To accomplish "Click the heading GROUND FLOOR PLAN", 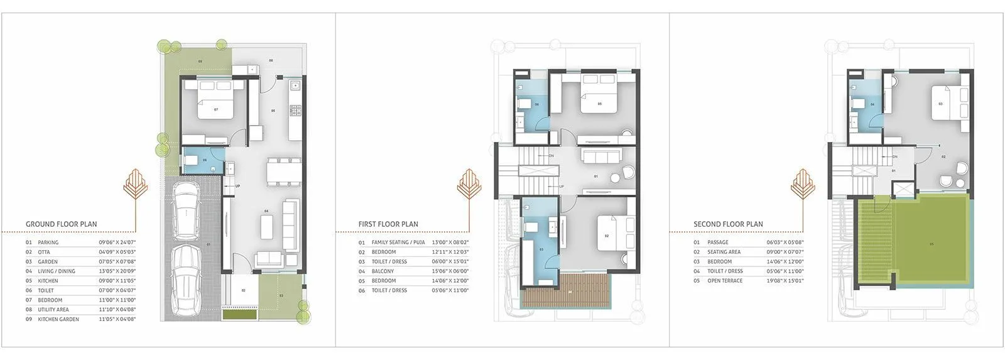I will [61, 224].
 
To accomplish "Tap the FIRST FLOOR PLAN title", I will [388, 224].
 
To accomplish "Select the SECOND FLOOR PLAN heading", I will [728, 224].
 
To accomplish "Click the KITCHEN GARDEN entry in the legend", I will [58, 319].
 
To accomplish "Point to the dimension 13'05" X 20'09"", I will [117, 271].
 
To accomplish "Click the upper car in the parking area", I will [186, 210].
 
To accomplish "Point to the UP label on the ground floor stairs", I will [237, 186].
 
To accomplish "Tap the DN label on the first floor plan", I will [551, 156].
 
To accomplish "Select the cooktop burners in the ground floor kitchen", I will [295, 111].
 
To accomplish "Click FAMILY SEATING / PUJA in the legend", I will [398, 243].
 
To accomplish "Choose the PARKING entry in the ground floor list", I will [48, 243].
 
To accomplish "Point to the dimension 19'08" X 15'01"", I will [785, 281].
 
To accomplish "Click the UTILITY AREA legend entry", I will [53, 310].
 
